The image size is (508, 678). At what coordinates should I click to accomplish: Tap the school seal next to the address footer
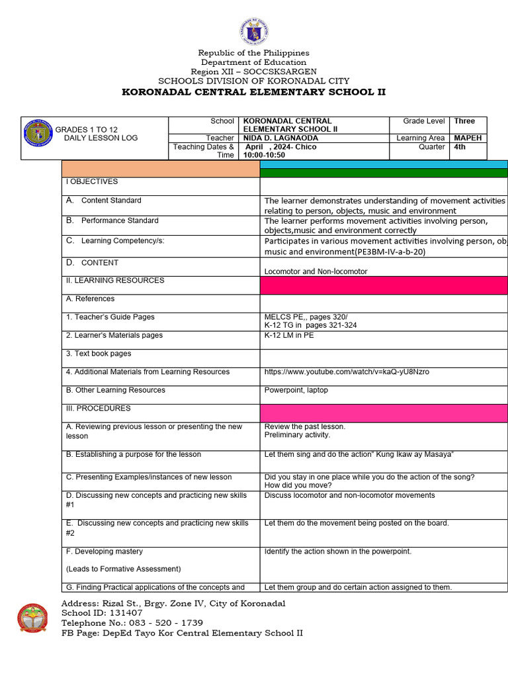(x=33, y=618)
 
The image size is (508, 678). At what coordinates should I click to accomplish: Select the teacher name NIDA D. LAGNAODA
(x=281, y=138)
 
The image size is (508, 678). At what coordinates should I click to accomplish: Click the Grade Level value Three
(x=464, y=122)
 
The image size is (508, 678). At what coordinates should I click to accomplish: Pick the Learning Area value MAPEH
(x=467, y=138)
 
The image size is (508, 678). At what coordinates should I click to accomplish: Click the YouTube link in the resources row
(x=347, y=372)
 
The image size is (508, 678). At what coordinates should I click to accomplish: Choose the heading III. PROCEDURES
(x=98, y=409)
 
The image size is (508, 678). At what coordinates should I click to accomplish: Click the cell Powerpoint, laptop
(x=295, y=391)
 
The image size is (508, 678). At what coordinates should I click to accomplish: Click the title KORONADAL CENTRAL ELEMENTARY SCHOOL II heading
(x=254, y=92)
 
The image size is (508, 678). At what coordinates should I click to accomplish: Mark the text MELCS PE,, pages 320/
(x=306, y=317)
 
